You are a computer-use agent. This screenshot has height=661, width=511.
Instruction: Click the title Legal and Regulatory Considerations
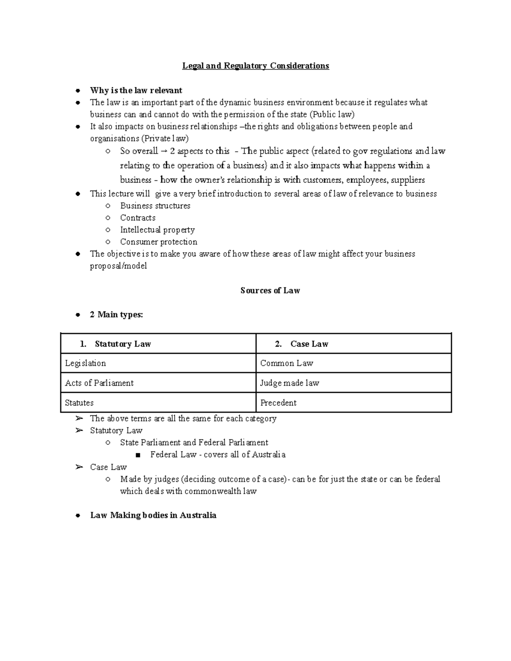(255, 66)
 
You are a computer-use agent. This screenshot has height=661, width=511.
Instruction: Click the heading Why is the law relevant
(136, 90)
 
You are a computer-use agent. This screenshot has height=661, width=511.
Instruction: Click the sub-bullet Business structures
(155, 206)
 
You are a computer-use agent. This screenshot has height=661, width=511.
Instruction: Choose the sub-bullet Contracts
(138, 217)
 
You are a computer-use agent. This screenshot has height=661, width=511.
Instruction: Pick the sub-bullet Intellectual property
(157, 230)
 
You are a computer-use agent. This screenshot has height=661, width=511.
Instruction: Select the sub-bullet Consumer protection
(158, 242)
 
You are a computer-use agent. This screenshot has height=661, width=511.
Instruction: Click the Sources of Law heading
(270, 290)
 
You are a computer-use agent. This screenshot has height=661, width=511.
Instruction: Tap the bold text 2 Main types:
(116, 315)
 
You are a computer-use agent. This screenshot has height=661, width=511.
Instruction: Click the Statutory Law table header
(123, 344)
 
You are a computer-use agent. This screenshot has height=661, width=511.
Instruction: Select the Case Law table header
(309, 344)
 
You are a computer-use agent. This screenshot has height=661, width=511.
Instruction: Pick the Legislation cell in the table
(85, 363)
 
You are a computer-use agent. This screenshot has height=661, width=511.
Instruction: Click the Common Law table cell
(287, 363)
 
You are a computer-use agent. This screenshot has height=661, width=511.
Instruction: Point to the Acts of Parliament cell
(99, 383)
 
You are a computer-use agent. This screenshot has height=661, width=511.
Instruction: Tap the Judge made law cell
(290, 383)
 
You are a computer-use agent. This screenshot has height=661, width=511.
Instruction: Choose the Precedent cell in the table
(278, 403)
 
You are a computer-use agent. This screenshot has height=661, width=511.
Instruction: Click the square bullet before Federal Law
(138, 455)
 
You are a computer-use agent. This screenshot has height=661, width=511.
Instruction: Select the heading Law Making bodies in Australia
(153, 515)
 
